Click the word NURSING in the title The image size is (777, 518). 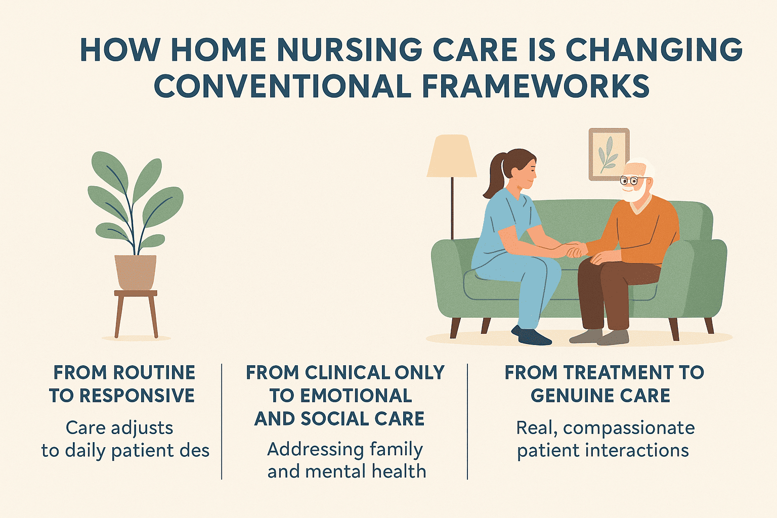pos(351,50)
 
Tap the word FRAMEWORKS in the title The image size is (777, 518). pos(536,87)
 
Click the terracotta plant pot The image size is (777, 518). pos(135,272)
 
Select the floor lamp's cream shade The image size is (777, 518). pos(451,156)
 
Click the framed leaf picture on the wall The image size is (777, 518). pos(609,154)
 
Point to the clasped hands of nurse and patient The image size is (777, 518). pos(575,249)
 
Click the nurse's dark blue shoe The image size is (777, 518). pos(532,336)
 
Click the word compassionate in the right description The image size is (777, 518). pos(629,428)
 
